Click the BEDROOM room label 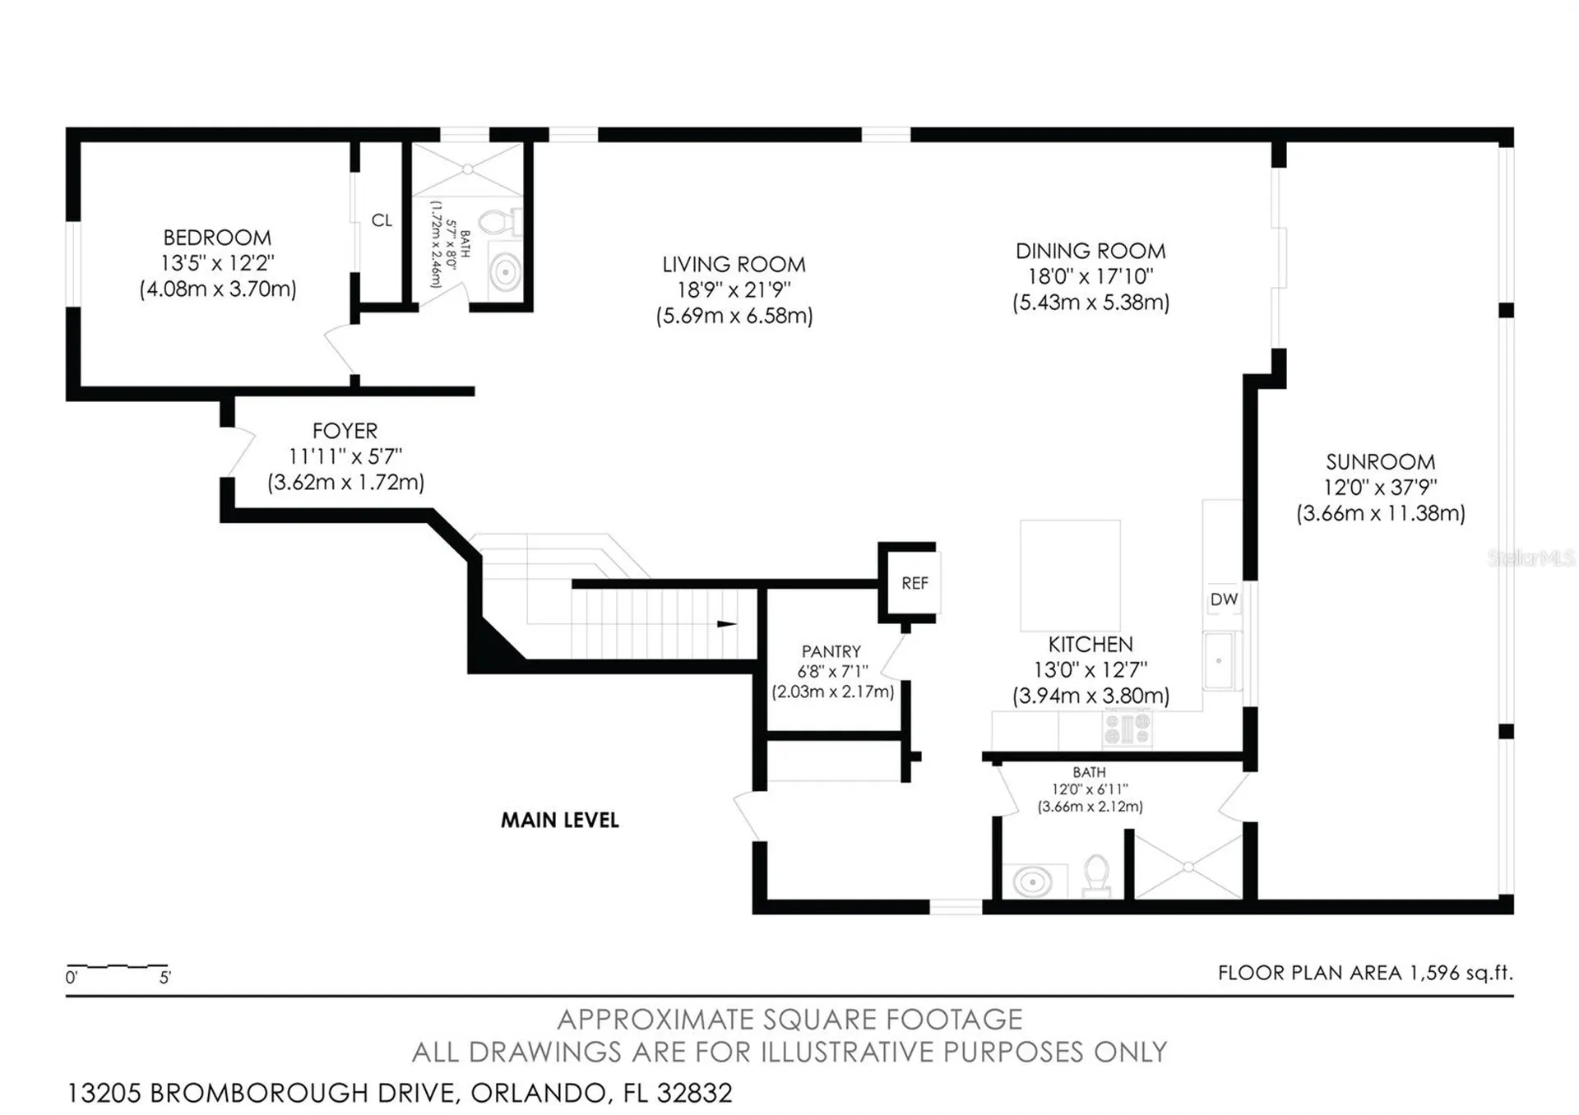pos(217,238)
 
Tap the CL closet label pos(382,220)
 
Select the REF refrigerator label pos(915,583)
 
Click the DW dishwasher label pos(1224,599)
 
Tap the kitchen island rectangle pos(1070,575)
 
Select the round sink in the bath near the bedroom pos(505,271)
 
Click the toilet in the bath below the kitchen pos(1096,875)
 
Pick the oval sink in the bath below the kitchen pos(1032,882)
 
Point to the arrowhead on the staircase pos(727,624)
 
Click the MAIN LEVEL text pos(560,820)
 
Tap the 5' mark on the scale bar pos(165,978)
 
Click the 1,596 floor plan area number pos(1434,973)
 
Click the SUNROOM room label pos(1381,462)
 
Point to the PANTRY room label pos(831,651)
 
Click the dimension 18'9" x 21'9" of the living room pos(734,289)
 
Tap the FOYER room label pos(345,431)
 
